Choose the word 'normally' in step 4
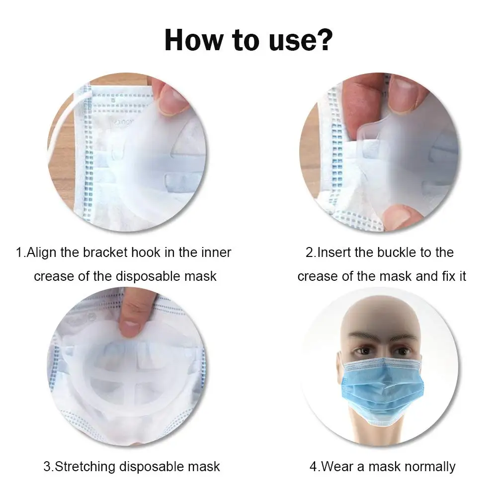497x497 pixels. pos(430,467)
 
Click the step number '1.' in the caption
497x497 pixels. pos(20,252)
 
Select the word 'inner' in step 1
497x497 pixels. pos(216,252)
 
